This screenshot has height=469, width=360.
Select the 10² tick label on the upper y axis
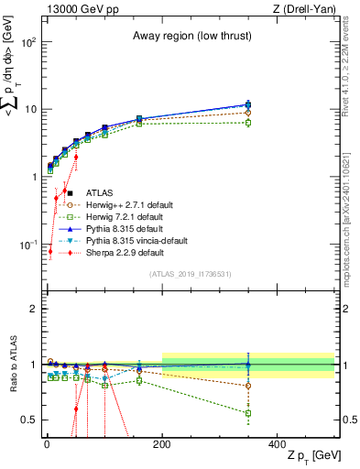(28, 42)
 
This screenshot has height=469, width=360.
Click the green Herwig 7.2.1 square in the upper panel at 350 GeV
(248, 122)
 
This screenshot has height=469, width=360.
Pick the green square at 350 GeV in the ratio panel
(248, 413)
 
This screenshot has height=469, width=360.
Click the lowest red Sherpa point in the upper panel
(50, 251)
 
